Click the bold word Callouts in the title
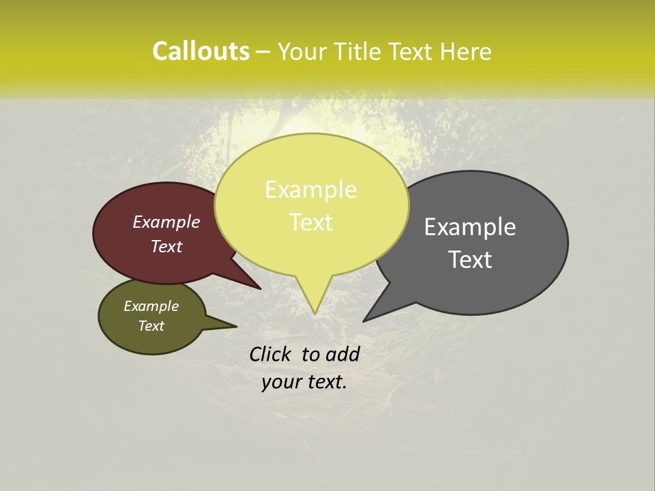[x=201, y=51]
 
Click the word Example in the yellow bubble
[x=310, y=190]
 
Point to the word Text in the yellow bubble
[x=310, y=222]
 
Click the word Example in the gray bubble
[x=470, y=226]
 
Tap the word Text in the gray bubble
[x=470, y=260]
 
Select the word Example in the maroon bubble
[x=166, y=222]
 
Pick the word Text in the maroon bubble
[x=166, y=246]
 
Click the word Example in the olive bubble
[x=151, y=306]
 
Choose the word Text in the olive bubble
[x=151, y=326]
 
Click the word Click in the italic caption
[x=272, y=354]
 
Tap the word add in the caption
[x=343, y=354]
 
